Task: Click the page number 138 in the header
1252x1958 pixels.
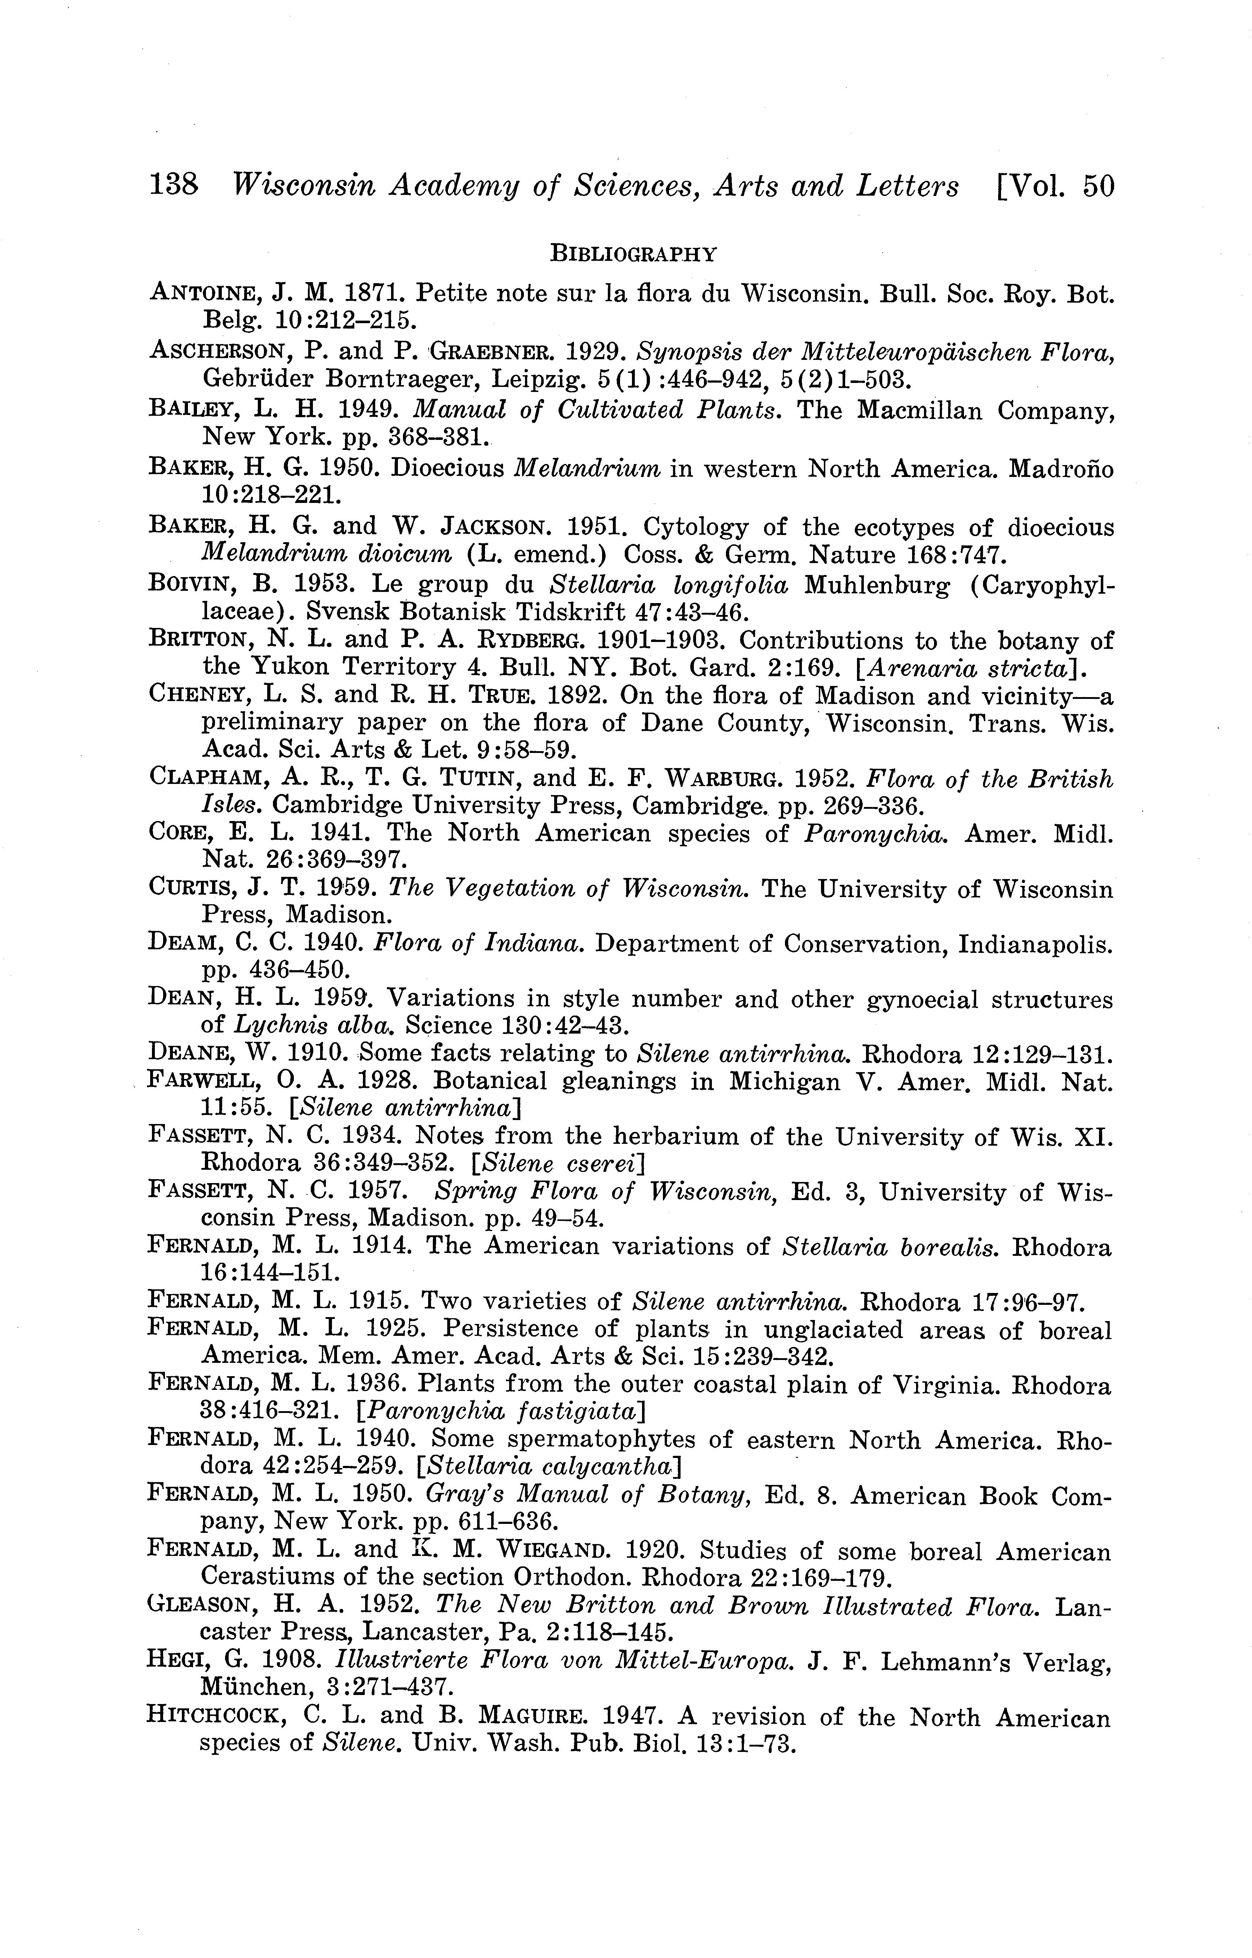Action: point(173,186)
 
